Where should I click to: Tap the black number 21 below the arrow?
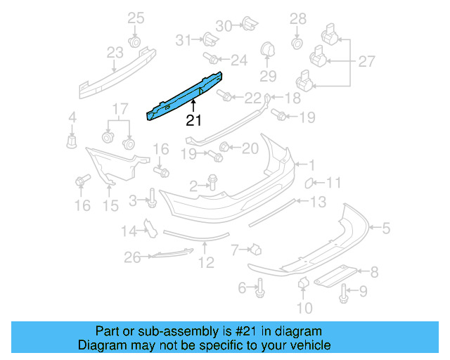pos(193,120)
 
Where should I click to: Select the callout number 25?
pos(135,18)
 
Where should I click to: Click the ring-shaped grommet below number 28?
pos(297,43)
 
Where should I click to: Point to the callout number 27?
pos(366,62)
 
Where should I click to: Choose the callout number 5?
pos(385,227)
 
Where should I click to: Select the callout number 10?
pos(304,307)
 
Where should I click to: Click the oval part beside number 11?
pos(308,184)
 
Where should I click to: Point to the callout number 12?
pos(205,263)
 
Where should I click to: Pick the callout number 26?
pos(133,258)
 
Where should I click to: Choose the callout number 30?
pos(224,26)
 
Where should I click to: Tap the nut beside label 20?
pos(226,147)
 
